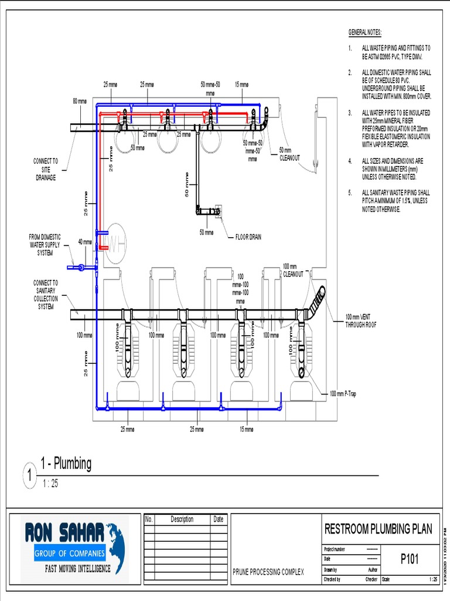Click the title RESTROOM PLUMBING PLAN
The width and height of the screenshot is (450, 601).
378,529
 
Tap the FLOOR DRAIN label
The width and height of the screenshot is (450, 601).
248,237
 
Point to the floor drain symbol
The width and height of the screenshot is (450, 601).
218,210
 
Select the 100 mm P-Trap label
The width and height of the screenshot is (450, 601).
342,394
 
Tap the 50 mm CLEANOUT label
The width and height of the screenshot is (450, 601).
289,154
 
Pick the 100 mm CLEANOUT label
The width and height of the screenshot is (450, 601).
293,270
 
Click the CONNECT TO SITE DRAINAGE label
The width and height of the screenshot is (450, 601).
46,169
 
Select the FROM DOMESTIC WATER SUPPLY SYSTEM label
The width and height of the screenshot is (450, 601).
45,245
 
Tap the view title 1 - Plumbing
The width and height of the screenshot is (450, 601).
66,464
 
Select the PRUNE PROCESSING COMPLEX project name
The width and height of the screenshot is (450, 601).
268,572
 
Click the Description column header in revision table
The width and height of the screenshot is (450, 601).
182,519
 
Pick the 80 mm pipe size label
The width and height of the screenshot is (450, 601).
79,101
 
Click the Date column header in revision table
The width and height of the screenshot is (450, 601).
219,519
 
